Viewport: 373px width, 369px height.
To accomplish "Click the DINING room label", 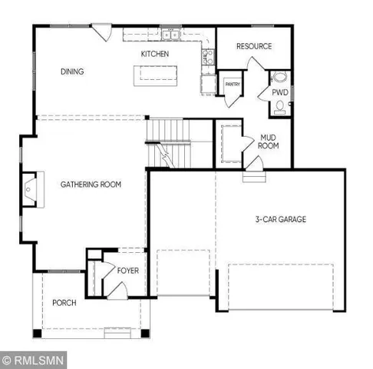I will pos(71,72).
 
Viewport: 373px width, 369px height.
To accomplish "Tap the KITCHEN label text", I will pos(154,55).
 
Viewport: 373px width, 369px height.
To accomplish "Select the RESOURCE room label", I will pos(254,47).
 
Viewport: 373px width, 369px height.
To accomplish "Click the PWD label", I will pos(280,91).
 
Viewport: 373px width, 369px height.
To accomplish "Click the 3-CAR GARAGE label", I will pos(280,220).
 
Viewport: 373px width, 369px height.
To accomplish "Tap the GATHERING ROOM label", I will pos(91,184).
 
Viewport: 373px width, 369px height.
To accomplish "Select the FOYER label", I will pos(127,271).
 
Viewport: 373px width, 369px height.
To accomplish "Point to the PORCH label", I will pos(64,303).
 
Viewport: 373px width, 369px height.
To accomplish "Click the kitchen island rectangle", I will pos(157,75).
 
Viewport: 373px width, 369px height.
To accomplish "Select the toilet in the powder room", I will pos(281,105).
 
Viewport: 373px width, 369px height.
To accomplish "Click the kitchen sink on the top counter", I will pos(170,35).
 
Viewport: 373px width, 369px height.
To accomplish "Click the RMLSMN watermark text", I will pos(34,358).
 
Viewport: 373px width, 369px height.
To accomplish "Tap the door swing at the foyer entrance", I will pos(118,290).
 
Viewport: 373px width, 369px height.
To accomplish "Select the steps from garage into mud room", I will pos(252,175).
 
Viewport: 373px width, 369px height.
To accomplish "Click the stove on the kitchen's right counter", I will pos(206,55).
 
